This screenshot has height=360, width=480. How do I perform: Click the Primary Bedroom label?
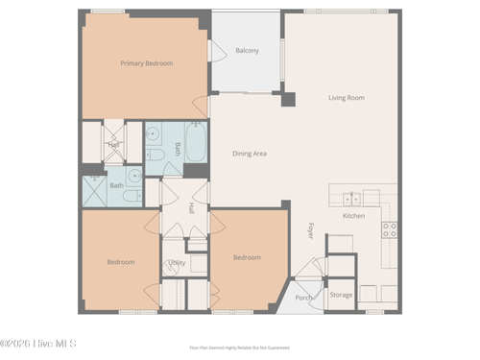coord(146,63)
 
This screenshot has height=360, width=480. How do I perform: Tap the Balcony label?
coord(247,50)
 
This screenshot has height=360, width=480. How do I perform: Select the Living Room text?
coord(347,98)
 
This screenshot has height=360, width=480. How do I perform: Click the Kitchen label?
coord(354,215)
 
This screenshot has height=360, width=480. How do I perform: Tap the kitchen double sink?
coord(352,199)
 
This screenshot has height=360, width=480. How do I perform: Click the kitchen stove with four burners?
coord(390,229)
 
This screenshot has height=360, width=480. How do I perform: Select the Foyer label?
coord(311,230)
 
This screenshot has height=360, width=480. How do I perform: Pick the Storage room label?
coord(341,295)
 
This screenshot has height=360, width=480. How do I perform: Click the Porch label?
coord(303,298)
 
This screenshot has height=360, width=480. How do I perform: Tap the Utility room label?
coord(178,262)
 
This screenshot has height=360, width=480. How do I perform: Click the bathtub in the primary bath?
coord(195,147)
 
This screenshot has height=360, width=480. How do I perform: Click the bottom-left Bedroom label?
coord(121,261)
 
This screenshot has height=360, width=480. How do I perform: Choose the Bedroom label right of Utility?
coord(247,256)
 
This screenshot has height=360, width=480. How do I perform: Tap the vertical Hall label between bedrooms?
coord(191,207)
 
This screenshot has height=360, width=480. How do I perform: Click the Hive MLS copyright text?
coord(38,343)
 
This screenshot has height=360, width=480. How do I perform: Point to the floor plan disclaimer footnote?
coord(239,348)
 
